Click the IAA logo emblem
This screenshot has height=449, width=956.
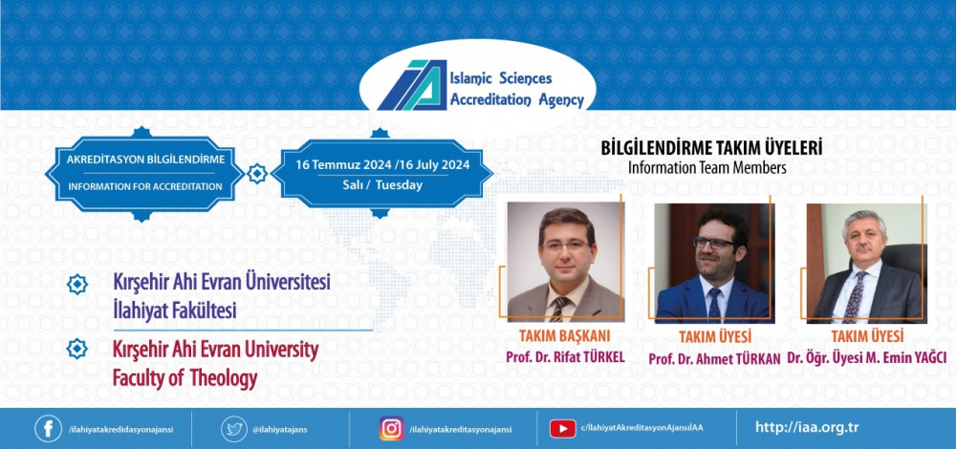tap(412, 85)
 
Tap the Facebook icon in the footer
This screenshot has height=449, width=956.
tap(48, 428)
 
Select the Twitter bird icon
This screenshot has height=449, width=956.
tap(234, 428)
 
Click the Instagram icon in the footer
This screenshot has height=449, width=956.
tap(391, 428)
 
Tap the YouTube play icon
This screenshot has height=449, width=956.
tap(563, 428)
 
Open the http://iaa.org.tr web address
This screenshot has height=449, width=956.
tap(807, 427)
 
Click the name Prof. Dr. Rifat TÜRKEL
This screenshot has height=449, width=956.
tap(565, 357)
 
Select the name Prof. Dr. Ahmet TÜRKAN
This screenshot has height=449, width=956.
tap(714, 359)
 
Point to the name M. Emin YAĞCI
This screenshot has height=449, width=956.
tap(904, 358)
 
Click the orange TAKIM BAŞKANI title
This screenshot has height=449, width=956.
tap(565, 335)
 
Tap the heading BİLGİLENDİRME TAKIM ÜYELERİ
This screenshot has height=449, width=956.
tap(711, 148)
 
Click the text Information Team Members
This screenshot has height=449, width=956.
tap(707, 167)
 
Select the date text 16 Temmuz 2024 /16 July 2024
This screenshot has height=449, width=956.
tap(382, 165)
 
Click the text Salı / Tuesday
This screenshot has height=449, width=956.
tap(382, 186)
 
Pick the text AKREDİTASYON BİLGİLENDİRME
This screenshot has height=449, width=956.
tap(145, 160)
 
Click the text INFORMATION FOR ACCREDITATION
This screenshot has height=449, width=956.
tap(145, 186)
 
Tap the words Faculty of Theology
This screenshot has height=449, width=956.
tap(185, 379)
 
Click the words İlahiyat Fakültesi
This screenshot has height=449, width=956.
tap(175, 310)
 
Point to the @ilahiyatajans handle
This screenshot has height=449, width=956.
tap(280, 429)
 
